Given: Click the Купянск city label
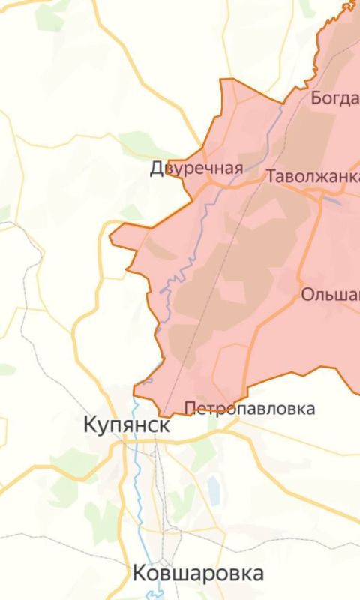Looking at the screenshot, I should pos(127,425).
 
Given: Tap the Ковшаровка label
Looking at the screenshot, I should pos(198,574).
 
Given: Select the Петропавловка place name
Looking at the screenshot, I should pos(250,409).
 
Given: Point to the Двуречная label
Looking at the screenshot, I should pos(196,168).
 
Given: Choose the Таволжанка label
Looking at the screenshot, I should pos(312,176).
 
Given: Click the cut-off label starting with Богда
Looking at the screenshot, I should pos(334,98).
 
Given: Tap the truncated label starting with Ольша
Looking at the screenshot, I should pos(330,294).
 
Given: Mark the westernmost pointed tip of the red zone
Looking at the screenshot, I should pos(111,239).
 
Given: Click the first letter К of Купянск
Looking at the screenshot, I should pos(90,425).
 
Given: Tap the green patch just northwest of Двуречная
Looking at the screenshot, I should pos(139,141).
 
